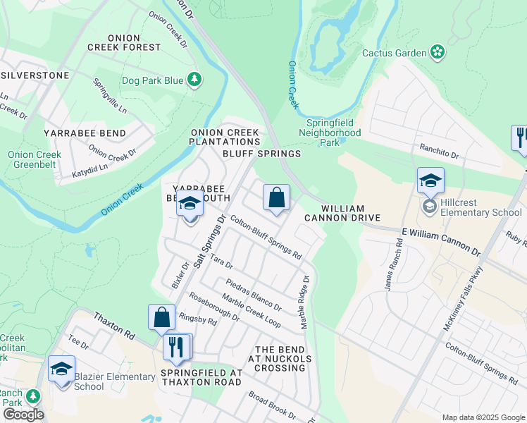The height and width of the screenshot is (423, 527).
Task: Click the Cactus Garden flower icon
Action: click(438, 52)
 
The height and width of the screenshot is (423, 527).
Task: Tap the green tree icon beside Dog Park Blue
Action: click(194, 80)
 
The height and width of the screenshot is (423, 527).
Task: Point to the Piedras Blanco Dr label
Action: click(254, 295)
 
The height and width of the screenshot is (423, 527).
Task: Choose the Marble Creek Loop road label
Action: click(250, 310)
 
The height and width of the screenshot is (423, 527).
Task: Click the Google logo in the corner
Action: click(23, 415)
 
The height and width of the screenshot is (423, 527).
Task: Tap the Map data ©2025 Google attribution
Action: click(483, 417)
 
